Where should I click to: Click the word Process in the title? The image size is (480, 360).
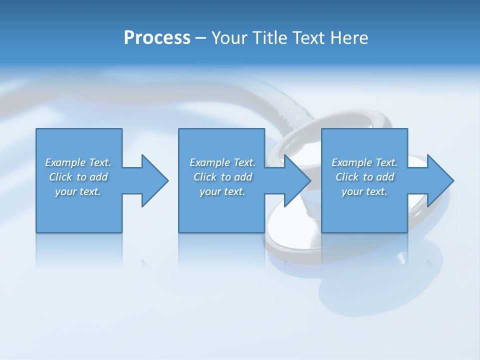(x=157, y=38)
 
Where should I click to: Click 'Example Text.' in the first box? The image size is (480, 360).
(x=78, y=162)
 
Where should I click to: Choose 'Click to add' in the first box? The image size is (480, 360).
(x=78, y=177)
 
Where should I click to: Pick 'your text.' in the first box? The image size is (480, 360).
(x=78, y=191)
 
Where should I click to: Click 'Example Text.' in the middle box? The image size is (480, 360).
(x=222, y=162)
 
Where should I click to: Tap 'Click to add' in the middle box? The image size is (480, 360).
(x=222, y=177)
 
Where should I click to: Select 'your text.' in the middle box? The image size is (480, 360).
(x=222, y=191)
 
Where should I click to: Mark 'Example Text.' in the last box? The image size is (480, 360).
(x=364, y=162)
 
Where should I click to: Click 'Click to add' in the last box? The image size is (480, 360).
(x=364, y=177)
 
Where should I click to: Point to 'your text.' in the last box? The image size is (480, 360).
(x=364, y=191)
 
